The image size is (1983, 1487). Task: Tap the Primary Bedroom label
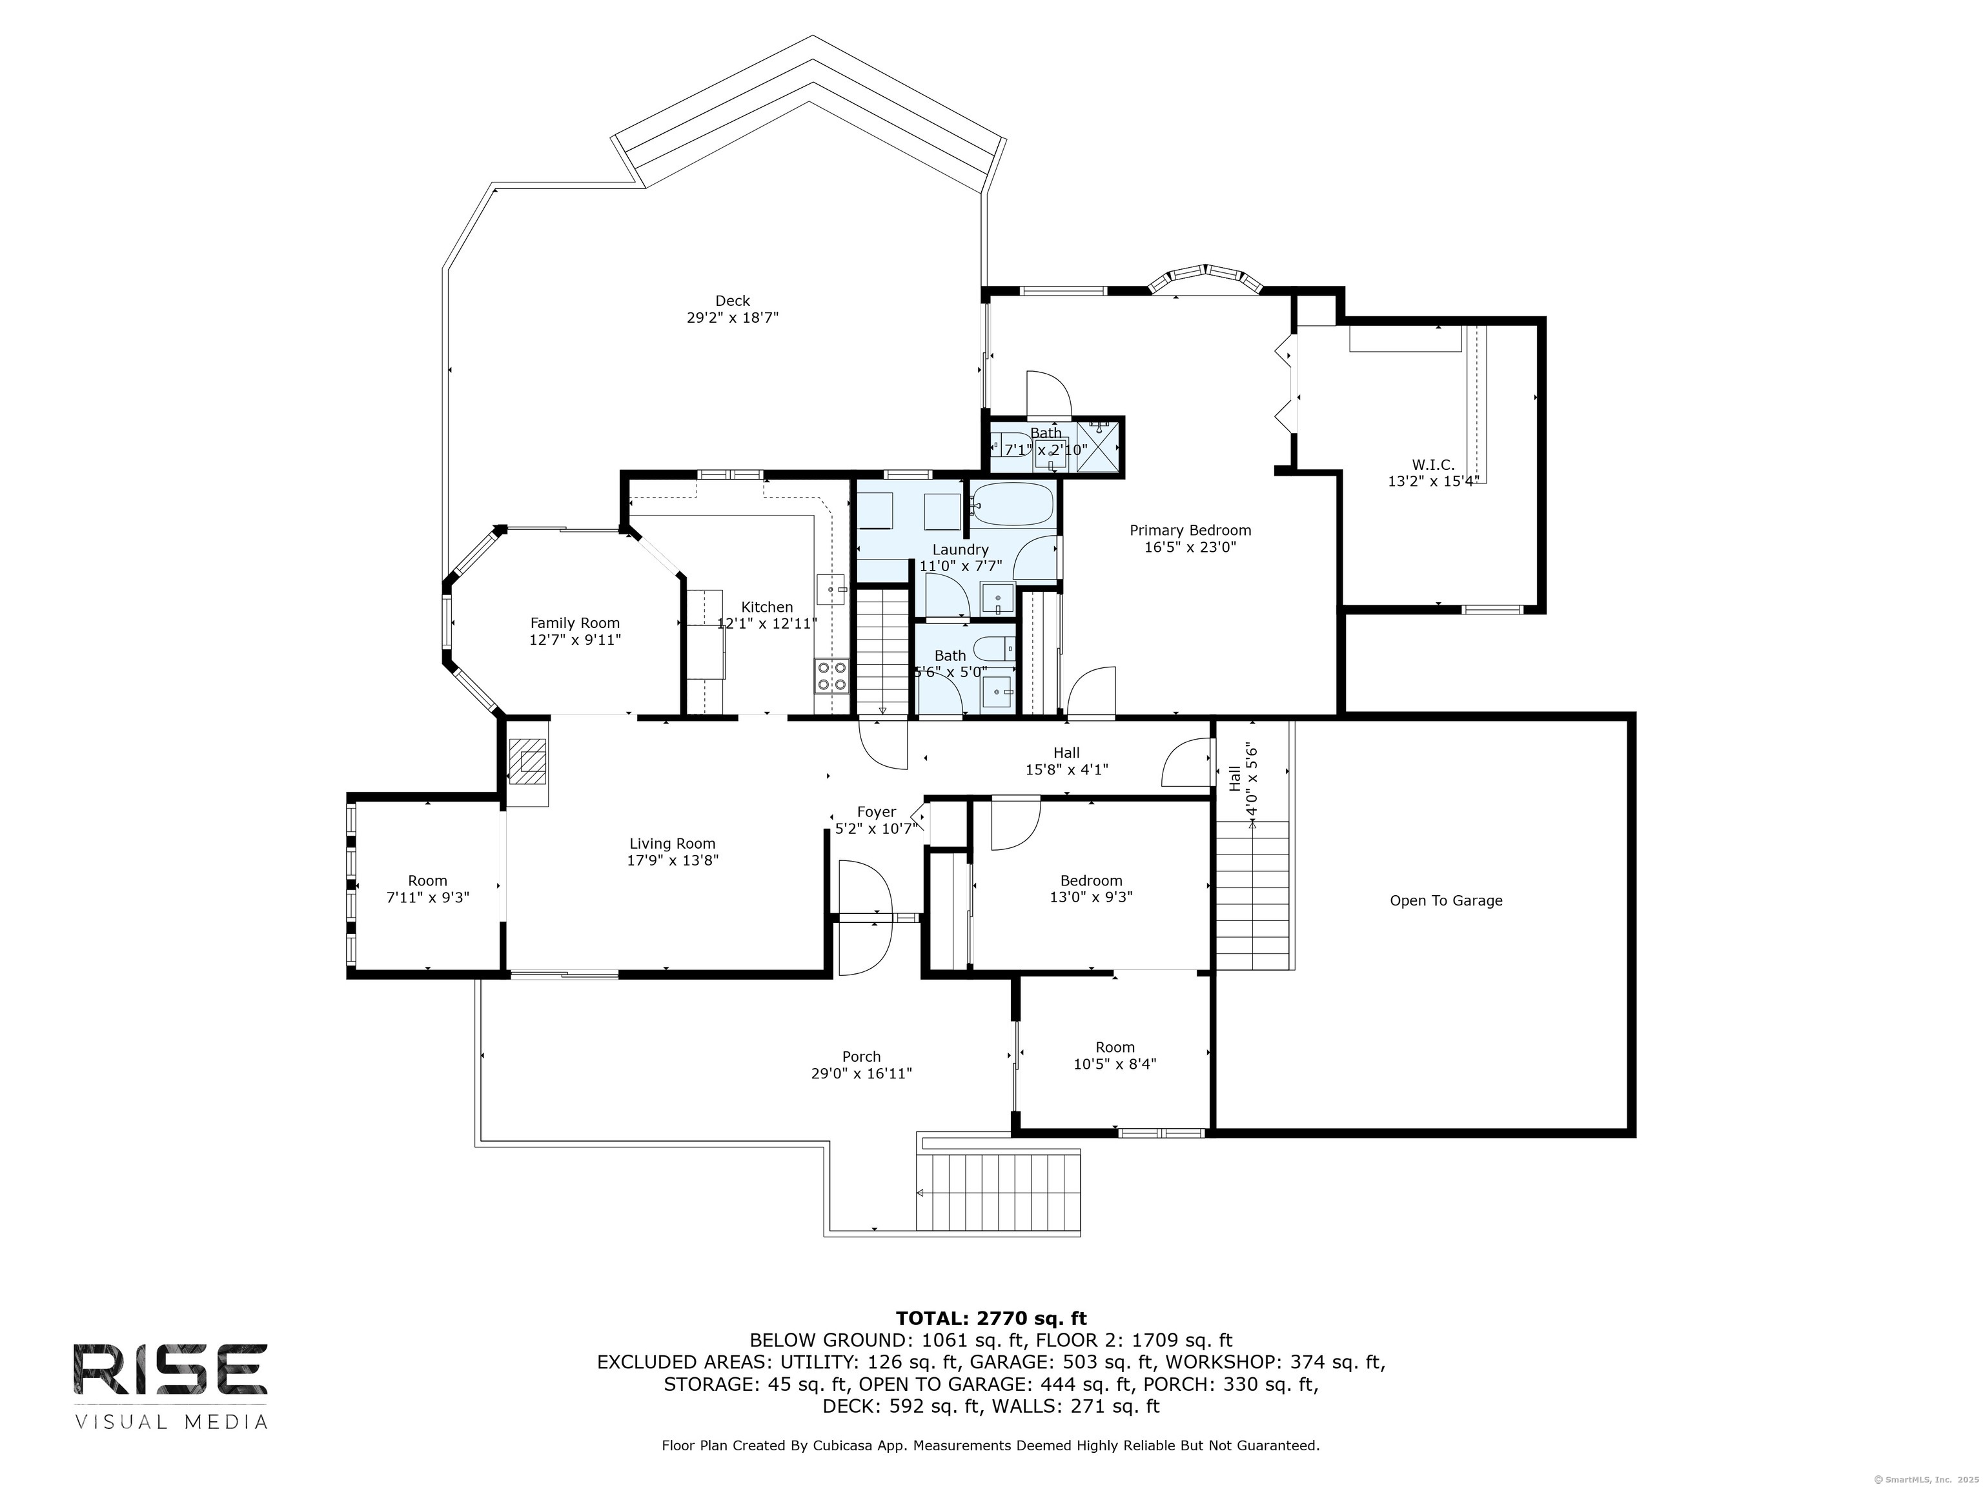point(1190,531)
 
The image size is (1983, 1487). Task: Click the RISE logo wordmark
point(170,1369)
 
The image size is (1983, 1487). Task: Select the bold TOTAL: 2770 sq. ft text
point(991,1319)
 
